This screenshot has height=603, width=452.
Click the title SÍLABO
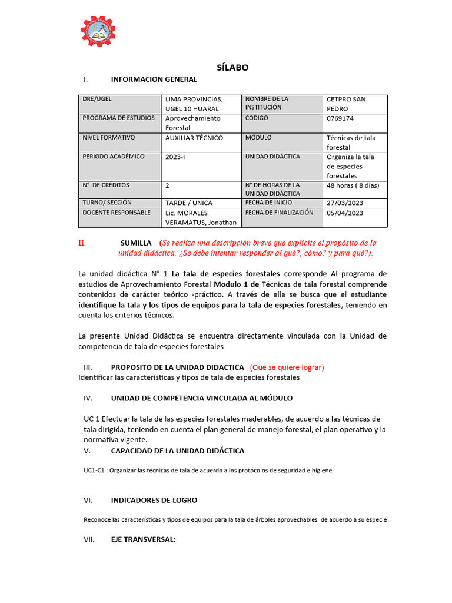232,67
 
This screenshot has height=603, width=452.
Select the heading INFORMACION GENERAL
154,79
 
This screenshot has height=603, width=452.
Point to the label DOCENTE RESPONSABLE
117,213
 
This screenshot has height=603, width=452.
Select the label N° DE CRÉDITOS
106,185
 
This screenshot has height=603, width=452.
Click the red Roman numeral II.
82,243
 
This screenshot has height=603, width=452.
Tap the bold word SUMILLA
137,243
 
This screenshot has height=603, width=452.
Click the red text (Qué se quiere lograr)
287,367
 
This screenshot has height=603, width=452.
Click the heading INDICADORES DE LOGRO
154,500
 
